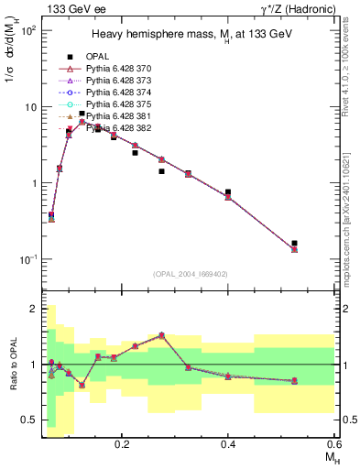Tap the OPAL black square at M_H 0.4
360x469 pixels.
[x=228, y=192]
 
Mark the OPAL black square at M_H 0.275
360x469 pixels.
[x=161, y=171]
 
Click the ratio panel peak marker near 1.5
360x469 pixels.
[x=161, y=335]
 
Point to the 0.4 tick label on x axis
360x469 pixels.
[x=228, y=444]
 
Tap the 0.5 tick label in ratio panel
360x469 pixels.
[x=27, y=420]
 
